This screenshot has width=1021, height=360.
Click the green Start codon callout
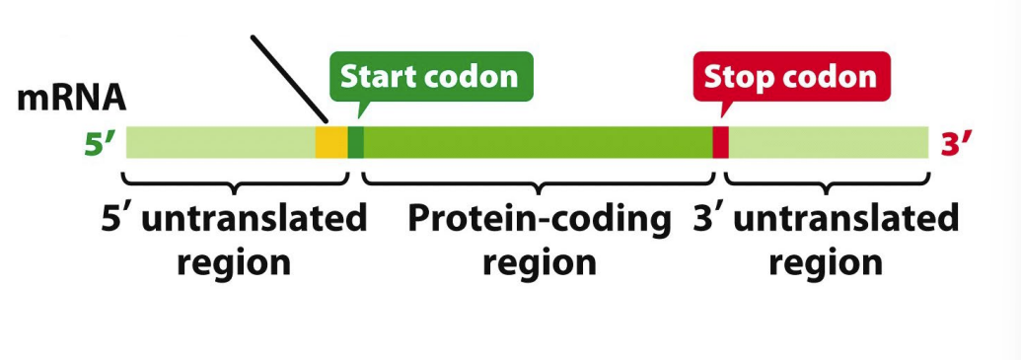pyautogui.click(x=431, y=77)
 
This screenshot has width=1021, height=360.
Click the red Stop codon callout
pyautogui.click(x=791, y=77)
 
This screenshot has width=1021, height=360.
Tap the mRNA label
pyautogui.click(x=72, y=98)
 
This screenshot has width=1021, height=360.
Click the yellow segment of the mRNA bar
pyautogui.click(x=331, y=143)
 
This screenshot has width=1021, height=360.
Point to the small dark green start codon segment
pyautogui.click(x=355, y=143)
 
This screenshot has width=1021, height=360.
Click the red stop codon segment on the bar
pyautogui.click(x=720, y=143)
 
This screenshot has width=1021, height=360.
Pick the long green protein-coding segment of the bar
pyautogui.click(x=538, y=143)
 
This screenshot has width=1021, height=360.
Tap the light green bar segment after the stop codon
pyautogui.click(x=829, y=143)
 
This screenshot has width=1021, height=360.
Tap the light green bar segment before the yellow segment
pyautogui.click(x=221, y=143)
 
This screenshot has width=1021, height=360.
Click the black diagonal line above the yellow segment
pyautogui.click(x=289, y=79)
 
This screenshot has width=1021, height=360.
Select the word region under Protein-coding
pyautogui.click(x=540, y=263)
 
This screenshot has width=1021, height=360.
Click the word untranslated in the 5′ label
pyautogui.click(x=254, y=219)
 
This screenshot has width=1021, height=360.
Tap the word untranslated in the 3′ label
pyautogui.click(x=845, y=219)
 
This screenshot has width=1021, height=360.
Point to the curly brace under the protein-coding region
pyautogui.click(x=538, y=184)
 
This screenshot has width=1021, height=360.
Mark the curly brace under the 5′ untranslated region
pyautogui.click(x=235, y=184)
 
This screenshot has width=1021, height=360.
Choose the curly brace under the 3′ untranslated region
pyautogui.click(x=827, y=184)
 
